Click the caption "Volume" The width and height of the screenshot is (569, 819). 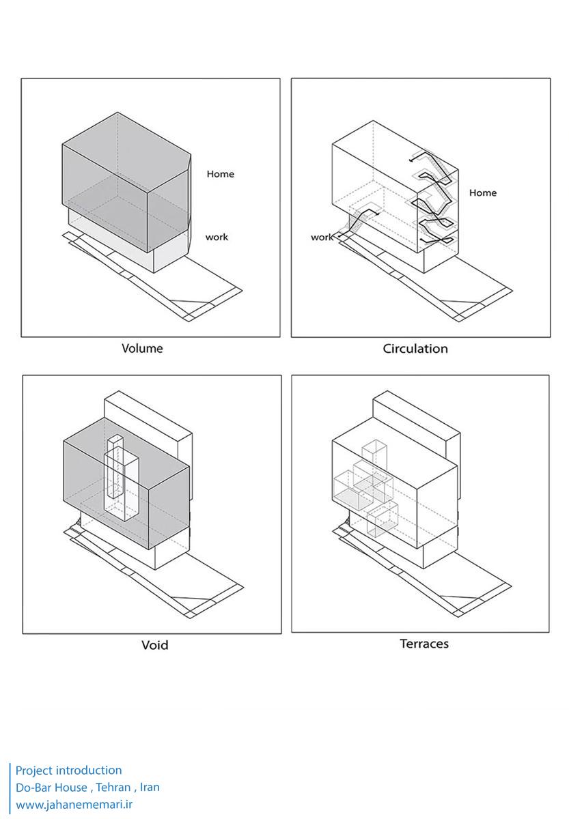point(142,349)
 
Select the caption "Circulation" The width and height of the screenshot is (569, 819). point(415,349)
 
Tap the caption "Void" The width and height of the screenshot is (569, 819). point(154,645)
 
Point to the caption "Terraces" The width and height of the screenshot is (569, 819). point(424,644)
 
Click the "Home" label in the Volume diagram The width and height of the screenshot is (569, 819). point(220,174)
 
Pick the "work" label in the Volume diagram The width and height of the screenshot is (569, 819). point(217,238)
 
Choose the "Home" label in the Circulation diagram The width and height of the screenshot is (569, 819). point(482,193)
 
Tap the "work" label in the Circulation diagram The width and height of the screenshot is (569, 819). point(322,238)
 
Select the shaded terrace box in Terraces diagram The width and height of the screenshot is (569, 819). point(350,493)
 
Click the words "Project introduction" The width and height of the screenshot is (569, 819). point(69,771)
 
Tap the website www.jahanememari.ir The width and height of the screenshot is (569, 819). point(74,805)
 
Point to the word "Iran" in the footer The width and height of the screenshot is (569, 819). point(150,788)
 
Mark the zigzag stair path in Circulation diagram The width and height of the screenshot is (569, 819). point(434,198)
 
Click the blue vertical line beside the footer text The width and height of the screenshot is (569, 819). point(10,788)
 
